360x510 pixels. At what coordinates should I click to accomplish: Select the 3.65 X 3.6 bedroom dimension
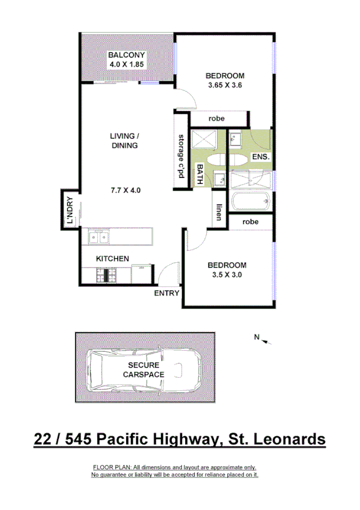click(225, 85)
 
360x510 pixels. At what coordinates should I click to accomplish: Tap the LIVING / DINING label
click(124, 141)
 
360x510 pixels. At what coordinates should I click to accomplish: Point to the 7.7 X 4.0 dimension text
click(125, 191)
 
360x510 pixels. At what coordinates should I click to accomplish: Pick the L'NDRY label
click(69, 211)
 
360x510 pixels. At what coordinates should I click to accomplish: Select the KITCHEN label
click(113, 259)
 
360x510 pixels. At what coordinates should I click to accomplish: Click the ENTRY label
click(167, 293)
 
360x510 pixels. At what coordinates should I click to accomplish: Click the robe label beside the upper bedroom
click(216, 118)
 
